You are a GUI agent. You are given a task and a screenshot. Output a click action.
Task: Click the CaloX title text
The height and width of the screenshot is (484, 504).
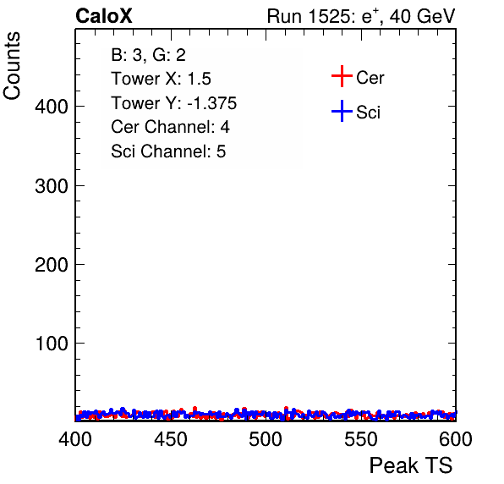pos(104,16)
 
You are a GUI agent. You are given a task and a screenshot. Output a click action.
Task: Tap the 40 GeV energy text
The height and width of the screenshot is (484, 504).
pos(422,16)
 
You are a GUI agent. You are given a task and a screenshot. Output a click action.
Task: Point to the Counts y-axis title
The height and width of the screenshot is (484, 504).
pos(12,66)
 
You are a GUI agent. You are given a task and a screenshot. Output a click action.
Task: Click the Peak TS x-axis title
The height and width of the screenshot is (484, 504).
pos(411,465)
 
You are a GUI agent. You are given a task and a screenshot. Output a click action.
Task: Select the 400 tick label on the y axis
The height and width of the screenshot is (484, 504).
pos(52,107)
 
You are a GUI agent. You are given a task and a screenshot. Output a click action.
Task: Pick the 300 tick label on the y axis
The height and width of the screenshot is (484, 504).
pos(52,186)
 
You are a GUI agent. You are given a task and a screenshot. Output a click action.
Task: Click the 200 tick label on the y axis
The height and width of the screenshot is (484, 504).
pos(52,265)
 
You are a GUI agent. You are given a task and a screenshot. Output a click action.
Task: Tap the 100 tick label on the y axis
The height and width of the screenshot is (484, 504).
pos(52,344)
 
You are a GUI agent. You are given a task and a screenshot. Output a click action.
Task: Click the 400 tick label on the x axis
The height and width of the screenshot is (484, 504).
pos(75,439)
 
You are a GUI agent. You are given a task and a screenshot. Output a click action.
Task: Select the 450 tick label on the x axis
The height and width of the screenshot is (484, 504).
pos(170,439)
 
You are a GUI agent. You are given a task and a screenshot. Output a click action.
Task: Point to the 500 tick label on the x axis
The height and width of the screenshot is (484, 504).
pos(266,439)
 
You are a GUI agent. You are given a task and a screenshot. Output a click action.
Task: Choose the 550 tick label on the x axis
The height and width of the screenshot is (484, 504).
pos(360,439)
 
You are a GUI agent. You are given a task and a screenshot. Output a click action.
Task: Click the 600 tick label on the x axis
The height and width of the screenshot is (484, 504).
pos(456,439)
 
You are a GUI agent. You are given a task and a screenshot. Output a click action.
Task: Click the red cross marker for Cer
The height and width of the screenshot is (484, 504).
pos(342,76)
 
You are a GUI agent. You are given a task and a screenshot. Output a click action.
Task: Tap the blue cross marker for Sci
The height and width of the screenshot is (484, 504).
pos(342,112)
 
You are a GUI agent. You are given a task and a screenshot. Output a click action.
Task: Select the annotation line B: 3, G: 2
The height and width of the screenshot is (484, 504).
pos(148,55)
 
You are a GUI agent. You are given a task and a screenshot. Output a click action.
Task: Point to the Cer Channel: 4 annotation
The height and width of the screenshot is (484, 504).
pos(170,127)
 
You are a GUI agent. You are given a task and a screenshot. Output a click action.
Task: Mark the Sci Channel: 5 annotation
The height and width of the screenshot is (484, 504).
pos(168,151)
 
